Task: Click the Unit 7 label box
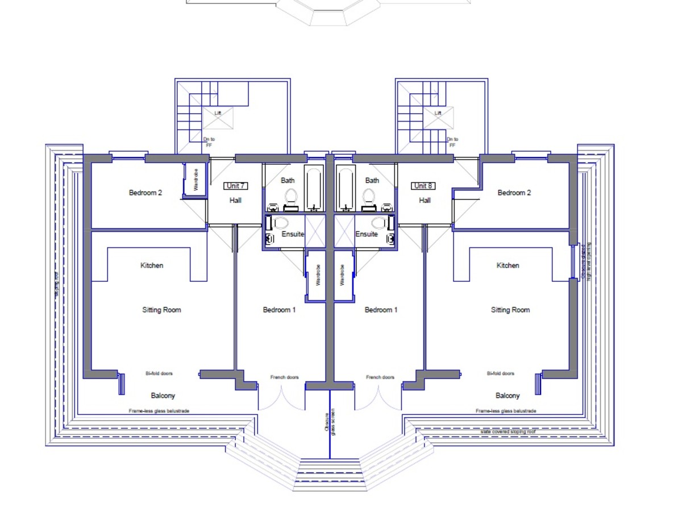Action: click(235, 186)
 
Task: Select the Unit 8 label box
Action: click(423, 186)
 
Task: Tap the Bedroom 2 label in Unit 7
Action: click(145, 193)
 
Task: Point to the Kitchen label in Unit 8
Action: click(508, 265)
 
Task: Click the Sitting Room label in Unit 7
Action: click(161, 310)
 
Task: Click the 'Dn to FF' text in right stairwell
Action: click(452, 142)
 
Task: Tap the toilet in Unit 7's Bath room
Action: click(291, 197)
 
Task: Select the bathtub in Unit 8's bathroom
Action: click(346, 189)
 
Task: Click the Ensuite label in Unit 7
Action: click(293, 234)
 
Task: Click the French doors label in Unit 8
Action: click(380, 377)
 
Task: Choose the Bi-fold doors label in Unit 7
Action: click(159, 373)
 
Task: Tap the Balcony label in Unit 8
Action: click(508, 396)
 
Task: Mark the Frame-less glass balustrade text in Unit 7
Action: click(159, 410)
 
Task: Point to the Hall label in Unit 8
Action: click(425, 200)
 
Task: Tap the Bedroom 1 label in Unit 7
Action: click(279, 310)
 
